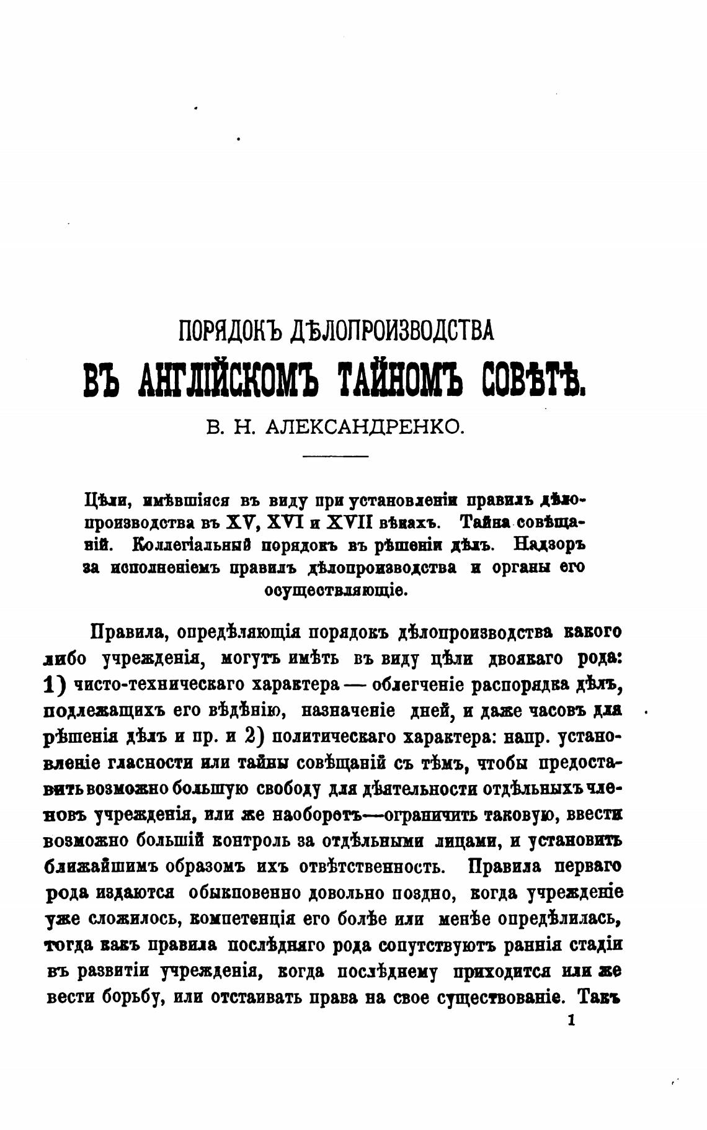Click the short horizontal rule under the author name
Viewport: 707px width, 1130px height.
tap(335, 457)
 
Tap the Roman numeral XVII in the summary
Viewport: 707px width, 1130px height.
tap(354, 522)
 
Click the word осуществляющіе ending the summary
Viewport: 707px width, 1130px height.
tap(336, 590)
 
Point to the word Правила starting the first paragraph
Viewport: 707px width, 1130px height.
tap(128, 632)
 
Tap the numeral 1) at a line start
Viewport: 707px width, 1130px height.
tap(56, 684)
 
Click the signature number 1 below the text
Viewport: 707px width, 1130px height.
tap(571, 1020)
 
